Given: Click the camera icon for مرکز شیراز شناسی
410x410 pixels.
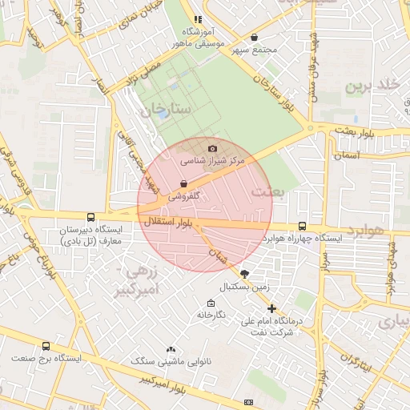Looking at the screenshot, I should (x=212, y=148).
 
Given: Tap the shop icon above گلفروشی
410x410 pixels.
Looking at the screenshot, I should (x=184, y=183).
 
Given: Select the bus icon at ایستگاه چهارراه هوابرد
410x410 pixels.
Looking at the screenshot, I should (x=302, y=227).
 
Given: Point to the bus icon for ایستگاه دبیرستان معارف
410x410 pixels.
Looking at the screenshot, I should (x=90, y=217).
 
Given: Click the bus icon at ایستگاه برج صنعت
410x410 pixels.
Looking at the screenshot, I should (x=46, y=347).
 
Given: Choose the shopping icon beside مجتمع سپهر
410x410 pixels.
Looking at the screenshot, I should (x=255, y=37).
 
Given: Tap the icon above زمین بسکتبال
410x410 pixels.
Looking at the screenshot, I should (x=244, y=274).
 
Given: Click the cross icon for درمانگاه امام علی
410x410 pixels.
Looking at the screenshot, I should (x=272, y=308).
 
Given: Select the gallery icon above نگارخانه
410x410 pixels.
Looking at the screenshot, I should (x=211, y=303).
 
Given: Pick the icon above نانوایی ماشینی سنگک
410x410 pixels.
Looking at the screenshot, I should (x=170, y=350).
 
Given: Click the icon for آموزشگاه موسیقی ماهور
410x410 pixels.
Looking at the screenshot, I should (x=198, y=19).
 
